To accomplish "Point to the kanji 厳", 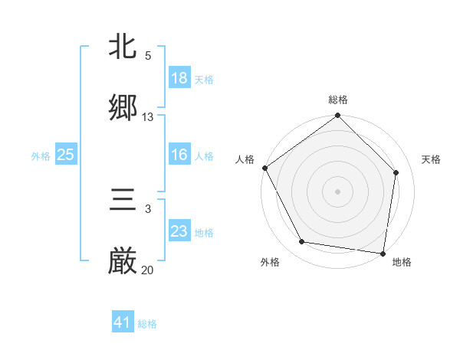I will click(123, 261).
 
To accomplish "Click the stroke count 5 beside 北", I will click(148, 56).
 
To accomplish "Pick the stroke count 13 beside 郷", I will click(148, 117).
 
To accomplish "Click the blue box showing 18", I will click(179, 78).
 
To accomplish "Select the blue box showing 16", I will click(179, 155).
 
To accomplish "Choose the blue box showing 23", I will click(179, 231).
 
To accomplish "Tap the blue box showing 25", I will click(65, 155).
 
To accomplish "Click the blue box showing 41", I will click(123, 322).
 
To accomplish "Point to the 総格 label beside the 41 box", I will click(147, 324).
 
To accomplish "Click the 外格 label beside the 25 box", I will click(41, 156).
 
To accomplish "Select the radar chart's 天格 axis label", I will click(432, 159).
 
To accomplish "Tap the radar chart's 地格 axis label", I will click(402, 262).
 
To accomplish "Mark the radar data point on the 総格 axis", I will click(338, 116).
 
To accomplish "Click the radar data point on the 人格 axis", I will click(264, 168).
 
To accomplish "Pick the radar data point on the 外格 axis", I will click(302, 242).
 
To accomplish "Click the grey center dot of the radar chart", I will click(338, 191).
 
